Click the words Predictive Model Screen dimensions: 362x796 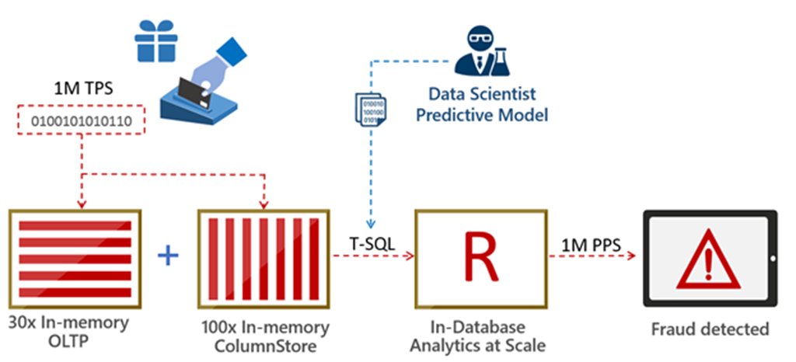tap(482, 115)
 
